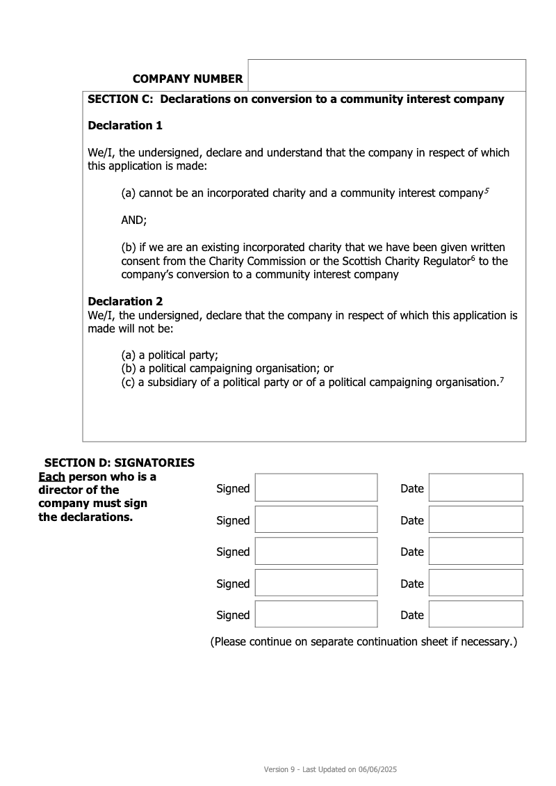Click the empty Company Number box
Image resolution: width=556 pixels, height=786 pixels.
(x=386, y=75)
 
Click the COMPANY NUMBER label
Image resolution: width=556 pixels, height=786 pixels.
(x=188, y=79)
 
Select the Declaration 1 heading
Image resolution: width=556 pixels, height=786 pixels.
(x=125, y=126)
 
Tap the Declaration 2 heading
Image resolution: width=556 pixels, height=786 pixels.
(x=125, y=302)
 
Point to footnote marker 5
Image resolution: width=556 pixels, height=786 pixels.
(x=486, y=190)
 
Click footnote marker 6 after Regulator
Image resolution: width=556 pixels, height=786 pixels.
(x=473, y=258)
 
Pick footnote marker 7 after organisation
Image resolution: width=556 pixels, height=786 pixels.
(x=501, y=379)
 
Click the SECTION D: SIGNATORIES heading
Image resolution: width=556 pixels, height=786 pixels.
(x=120, y=463)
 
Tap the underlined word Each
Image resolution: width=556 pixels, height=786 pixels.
(x=51, y=477)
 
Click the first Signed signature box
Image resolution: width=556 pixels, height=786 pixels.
(x=316, y=488)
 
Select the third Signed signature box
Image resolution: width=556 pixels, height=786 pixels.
(x=316, y=551)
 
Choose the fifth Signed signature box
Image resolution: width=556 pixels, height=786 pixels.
(x=316, y=614)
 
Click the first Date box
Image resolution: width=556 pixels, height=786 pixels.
(x=475, y=488)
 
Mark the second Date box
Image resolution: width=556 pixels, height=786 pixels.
(x=475, y=520)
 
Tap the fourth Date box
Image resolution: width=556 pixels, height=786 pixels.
(x=475, y=583)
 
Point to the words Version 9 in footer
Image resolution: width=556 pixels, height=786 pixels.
(x=280, y=770)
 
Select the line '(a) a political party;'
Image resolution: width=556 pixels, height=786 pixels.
(x=170, y=355)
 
